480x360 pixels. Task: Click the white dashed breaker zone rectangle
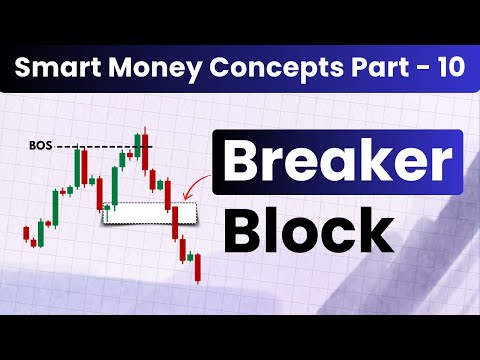[x=150, y=212]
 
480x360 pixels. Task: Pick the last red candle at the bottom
[x=198, y=266]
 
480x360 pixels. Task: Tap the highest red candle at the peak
[x=146, y=150]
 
